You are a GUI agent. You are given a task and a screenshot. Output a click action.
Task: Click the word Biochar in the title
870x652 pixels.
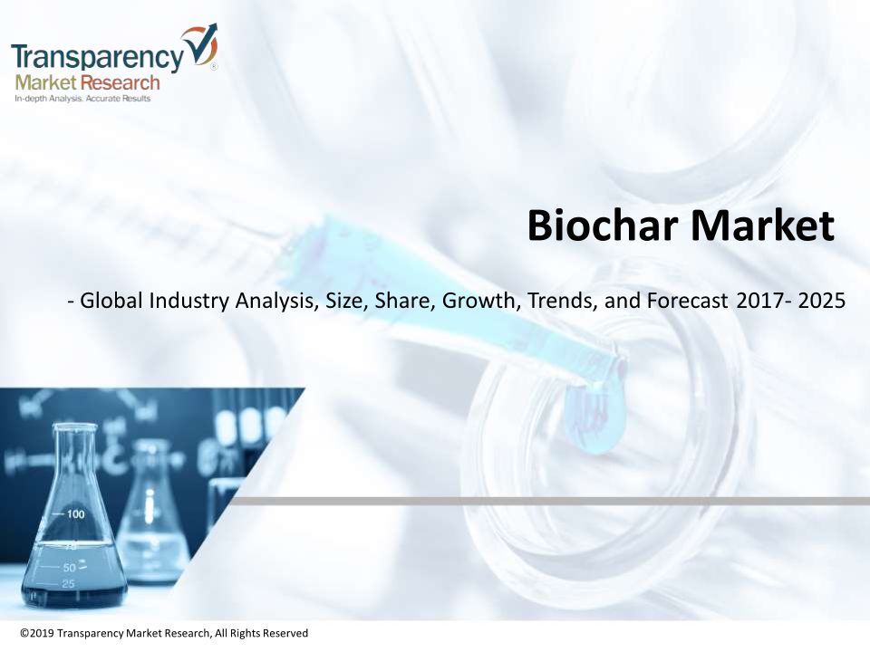coord(603,225)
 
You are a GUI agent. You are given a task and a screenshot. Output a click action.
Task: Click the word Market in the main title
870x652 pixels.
coord(762,225)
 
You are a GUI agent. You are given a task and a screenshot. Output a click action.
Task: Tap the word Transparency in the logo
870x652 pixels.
coord(97,57)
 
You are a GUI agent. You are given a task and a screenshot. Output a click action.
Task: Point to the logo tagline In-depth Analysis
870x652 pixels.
coord(49,99)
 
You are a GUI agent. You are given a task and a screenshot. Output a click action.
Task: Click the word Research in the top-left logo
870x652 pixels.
coord(120,83)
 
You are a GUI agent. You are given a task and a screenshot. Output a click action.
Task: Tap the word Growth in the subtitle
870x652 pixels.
coord(478,301)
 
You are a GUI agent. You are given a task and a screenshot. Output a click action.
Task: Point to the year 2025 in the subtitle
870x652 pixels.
coord(822,301)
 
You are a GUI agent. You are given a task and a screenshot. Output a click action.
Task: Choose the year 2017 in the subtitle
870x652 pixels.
coord(759,301)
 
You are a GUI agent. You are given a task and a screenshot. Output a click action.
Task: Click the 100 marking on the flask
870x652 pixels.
coord(75,514)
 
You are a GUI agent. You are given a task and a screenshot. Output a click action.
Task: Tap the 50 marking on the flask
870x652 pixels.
coord(70,568)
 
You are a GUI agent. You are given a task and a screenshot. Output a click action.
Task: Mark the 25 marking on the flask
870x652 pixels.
coord(68,584)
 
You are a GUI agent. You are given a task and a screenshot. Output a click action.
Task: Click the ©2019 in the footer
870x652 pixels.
coord(37,633)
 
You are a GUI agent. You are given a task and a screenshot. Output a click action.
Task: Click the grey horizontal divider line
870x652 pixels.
coord(549,501)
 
